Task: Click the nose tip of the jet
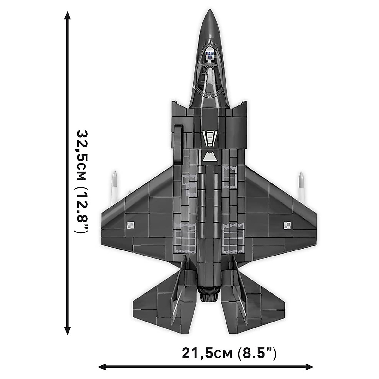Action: click(x=209, y=11)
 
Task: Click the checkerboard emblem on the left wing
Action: click(x=130, y=225)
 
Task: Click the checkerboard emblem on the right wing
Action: click(x=287, y=225)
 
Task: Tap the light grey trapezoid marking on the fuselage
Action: click(x=209, y=157)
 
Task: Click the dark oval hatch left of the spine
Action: click(x=179, y=145)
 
